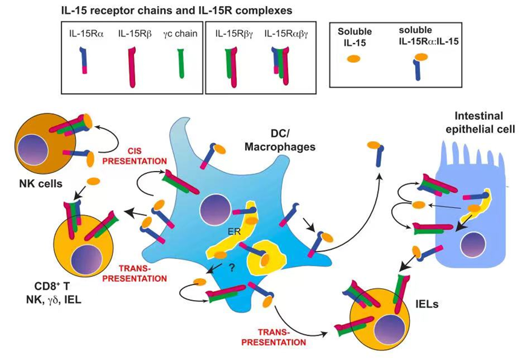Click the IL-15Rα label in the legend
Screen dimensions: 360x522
[87, 33]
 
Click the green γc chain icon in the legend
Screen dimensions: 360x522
[180, 61]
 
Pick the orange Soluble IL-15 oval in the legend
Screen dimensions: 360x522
[353, 58]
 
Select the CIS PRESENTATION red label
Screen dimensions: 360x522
[143, 156]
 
